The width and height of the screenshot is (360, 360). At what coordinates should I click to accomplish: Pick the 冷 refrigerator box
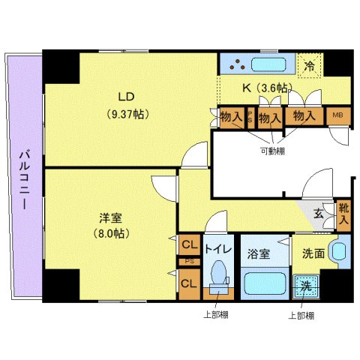point(310,65)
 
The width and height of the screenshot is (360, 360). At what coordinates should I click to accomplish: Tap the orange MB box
point(337,116)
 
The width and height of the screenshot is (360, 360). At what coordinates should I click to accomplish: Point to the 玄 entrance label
point(318,214)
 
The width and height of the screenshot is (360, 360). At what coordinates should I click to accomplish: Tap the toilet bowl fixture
point(220,278)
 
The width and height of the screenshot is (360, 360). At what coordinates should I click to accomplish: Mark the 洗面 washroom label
point(314,253)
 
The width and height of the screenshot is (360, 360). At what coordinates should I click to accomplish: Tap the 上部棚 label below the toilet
point(215,315)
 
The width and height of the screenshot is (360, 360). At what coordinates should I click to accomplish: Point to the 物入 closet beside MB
point(303,116)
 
